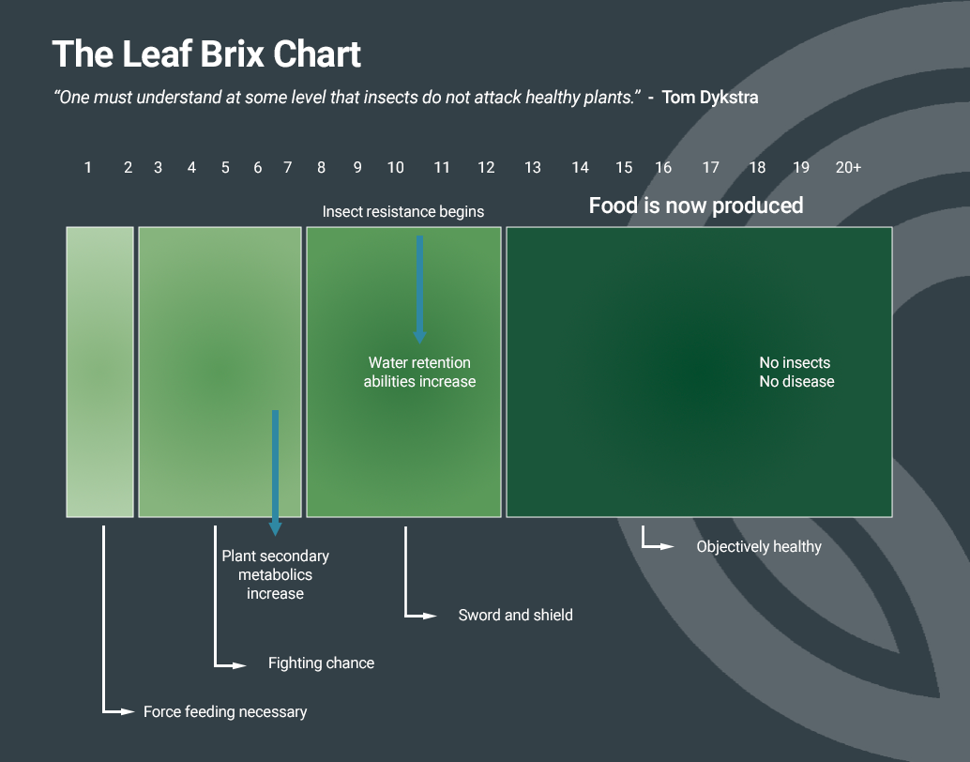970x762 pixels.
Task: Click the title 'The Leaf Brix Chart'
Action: click(x=206, y=54)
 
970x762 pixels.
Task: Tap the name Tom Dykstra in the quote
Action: click(x=710, y=98)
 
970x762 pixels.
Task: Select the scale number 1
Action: click(x=88, y=168)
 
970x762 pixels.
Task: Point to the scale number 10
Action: click(x=396, y=168)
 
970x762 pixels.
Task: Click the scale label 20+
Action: click(x=848, y=168)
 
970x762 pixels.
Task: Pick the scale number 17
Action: click(x=711, y=168)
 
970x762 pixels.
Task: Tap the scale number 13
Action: click(x=533, y=168)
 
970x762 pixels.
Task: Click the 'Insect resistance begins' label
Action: click(x=403, y=212)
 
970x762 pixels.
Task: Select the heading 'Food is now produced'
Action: click(x=696, y=206)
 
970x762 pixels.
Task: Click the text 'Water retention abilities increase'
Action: click(x=419, y=373)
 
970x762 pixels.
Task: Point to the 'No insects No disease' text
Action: click(x=796, y=373)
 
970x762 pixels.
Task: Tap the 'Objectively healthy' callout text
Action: click(x=759, y=547)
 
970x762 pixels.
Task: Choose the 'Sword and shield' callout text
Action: click(x=515, y=616)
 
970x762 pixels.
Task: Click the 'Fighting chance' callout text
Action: click(x=321, y=663)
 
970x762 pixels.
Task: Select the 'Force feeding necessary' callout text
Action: click(x=225, y=712)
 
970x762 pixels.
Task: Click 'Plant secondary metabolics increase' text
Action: click(x=275, y=575)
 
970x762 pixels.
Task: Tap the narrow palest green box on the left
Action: click(x=99, y=372)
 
